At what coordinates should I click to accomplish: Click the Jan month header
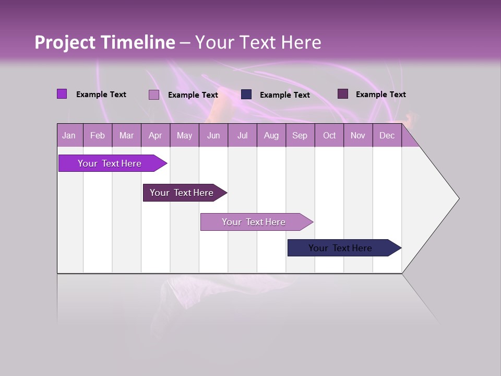[69, 136]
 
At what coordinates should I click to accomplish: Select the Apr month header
[155, 136]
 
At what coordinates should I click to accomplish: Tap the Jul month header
[242, 136]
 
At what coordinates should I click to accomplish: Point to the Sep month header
[300, 136]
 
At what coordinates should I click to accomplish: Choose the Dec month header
[387, 136]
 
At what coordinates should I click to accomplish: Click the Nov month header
[357, 136]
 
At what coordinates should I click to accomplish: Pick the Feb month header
[98, 136]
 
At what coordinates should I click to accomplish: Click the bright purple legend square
[62, 94]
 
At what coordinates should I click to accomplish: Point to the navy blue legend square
[246, 95]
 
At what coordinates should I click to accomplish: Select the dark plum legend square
[343, 94]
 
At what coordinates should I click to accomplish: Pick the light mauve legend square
[154, 95]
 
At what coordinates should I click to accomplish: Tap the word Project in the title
[64, 42]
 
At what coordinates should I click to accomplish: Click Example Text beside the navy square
[284, 95]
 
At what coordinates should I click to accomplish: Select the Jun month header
[213, 136]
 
